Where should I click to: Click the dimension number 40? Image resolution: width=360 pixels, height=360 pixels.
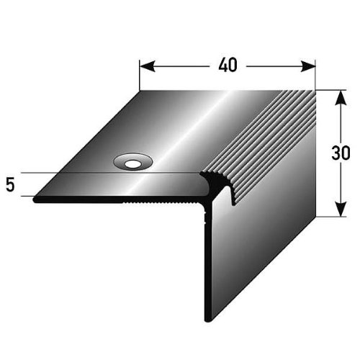pyautogui.click(x=228, y=65)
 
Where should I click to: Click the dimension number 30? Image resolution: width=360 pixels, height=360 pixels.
pyautogui.click(x=341, y=153)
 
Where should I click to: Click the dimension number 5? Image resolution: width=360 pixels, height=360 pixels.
pyautogui.click(x=10, y=185)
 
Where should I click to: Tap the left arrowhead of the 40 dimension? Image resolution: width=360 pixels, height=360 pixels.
pyautogui.click(x=147, y=66)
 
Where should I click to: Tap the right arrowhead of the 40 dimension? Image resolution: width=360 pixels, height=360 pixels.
pyautogui.click(x=307, y=66)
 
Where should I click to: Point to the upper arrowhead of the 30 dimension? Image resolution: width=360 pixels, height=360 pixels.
pyautogui.click(x=341, y=98)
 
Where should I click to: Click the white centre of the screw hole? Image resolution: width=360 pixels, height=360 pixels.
pyautogui.click(x=132, y=164)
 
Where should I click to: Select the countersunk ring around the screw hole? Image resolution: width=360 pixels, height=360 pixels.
pyautogui.click(x=133, y=159)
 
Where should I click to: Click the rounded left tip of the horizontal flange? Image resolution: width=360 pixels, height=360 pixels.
pyautogui.click(x=35, y=199)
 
